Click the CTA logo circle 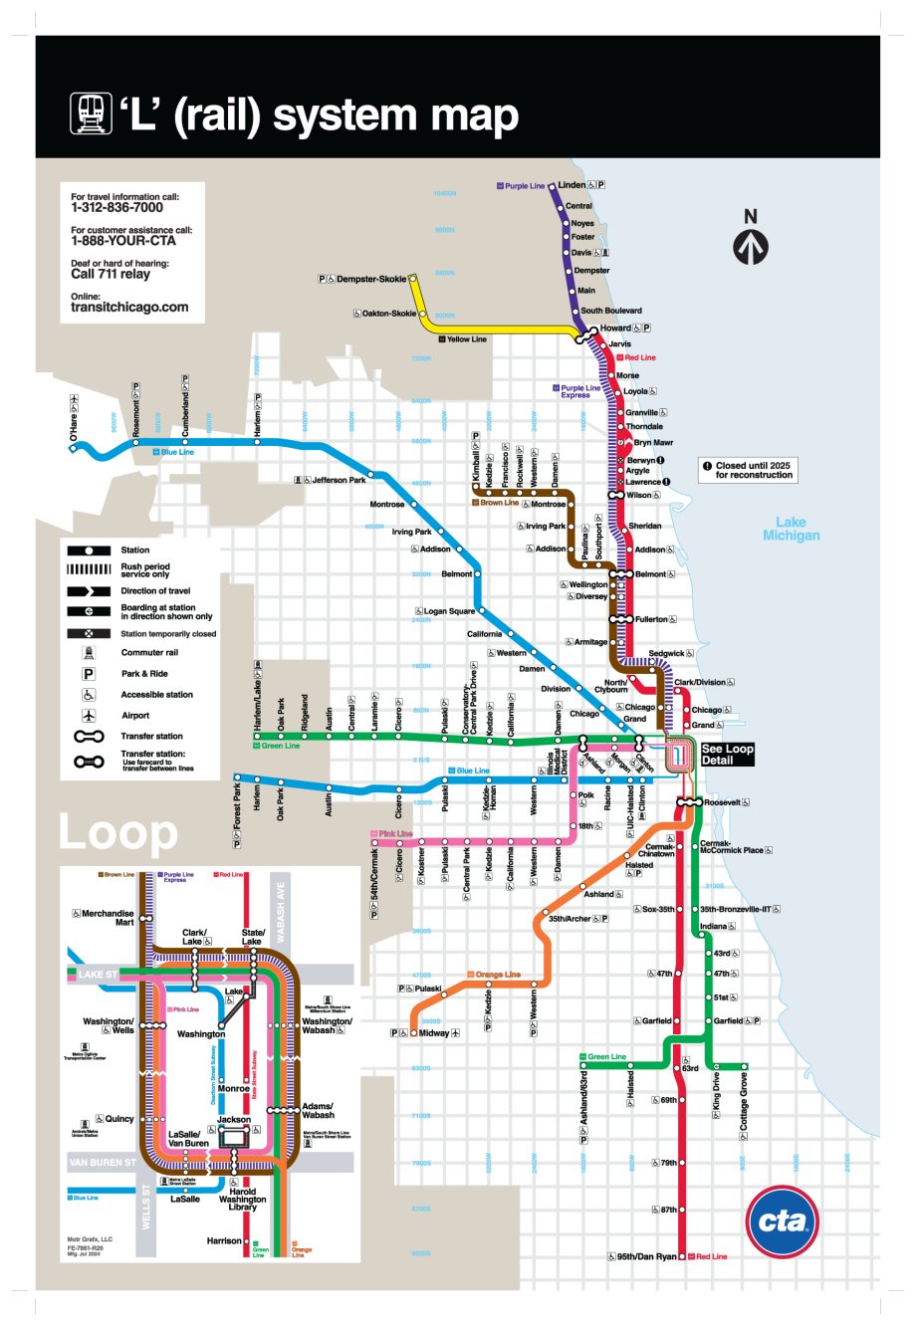click(782, 1221)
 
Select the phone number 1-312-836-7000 click(116, 208)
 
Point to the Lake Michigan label click(791, 529)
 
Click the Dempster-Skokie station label click(370, 280)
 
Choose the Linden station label click(572, 185)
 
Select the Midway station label click(433, 1033)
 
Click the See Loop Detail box click(727, 754)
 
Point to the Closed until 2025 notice click(754, 470)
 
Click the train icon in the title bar click(91, 114)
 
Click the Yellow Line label click(466, 339)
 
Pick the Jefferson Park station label click(339, 480)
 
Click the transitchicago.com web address click(129, 308)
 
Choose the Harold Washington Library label click(243, 1199)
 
